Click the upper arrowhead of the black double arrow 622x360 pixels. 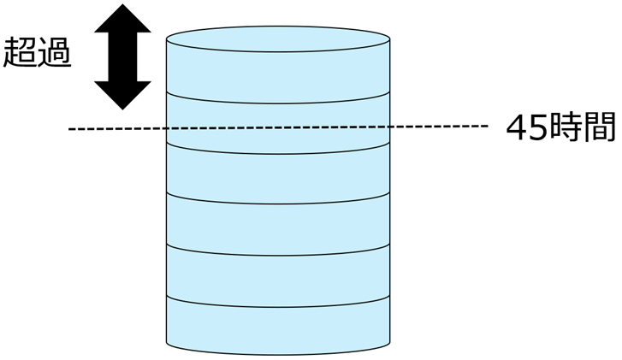click(122, 21)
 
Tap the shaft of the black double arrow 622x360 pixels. click(122, 57)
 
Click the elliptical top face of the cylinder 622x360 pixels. click(278, 39)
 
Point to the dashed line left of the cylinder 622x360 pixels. click(116, 129)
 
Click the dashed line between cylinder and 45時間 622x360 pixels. click(436, 127)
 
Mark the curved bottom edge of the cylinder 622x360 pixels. click(278, 354)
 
